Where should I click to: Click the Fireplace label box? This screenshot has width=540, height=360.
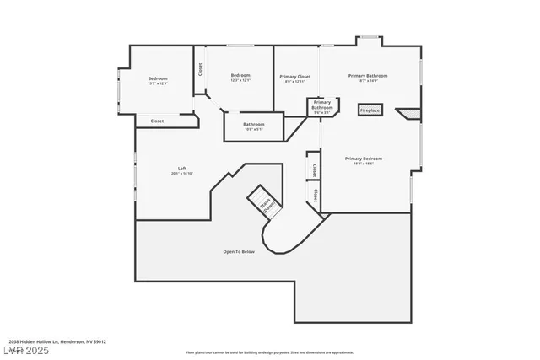point(370,110)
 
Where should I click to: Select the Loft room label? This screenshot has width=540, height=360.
point(181,168)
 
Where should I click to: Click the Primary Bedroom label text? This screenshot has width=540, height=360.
point(364,158)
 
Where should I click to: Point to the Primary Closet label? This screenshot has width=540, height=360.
point(295,77)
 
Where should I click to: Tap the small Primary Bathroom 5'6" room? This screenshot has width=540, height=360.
point(322,106)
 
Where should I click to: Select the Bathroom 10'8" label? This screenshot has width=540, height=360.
point(253,126)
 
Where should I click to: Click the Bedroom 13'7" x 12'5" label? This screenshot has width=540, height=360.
point(158,80)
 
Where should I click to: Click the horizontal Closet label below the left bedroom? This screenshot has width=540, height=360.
point(157,121)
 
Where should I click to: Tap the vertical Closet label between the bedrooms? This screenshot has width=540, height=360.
point(200,70)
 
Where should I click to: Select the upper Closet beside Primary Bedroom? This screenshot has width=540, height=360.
point(315,169)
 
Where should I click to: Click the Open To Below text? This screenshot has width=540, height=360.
point(239,251)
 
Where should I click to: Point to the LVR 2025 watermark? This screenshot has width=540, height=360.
point(26,348)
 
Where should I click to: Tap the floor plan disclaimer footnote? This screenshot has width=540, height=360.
point(269,352)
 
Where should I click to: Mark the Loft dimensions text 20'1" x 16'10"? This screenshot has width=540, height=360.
point(181,174)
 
